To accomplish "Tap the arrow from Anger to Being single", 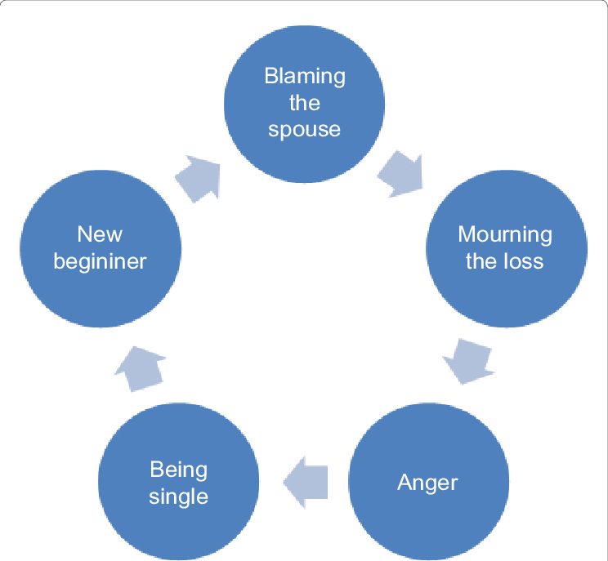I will (306, 482).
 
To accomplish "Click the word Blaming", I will (305, 77).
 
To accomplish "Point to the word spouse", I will (305, 130).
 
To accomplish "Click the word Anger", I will (427, 483).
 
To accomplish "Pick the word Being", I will (179, 470).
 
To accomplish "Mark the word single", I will (179, 496).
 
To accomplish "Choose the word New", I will (100, 234).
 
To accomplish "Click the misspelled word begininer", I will (100, 261).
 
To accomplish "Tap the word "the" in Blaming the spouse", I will (305, 103).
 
